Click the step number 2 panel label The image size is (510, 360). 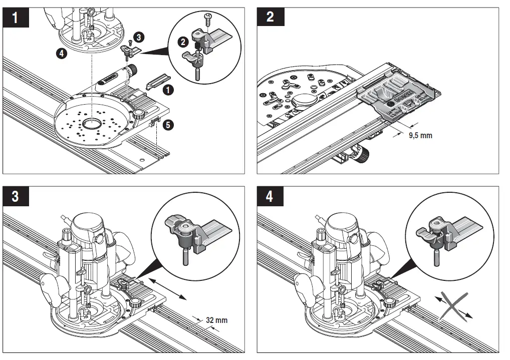tap(270, 17)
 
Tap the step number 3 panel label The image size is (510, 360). tap(15, 196)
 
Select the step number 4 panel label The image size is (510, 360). tap(270, 196)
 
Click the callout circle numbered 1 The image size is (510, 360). tap(169, 90)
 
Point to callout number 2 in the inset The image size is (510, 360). tap(184, 42)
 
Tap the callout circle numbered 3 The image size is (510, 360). tap(140, 36)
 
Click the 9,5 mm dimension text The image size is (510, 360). tap(419, 135)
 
